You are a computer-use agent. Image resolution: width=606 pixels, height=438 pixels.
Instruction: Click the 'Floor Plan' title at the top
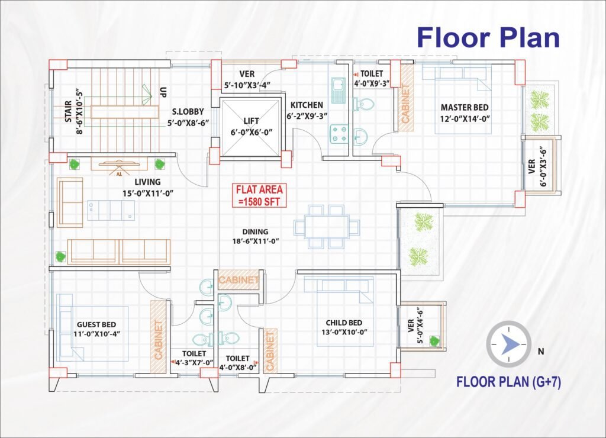click(488, 37)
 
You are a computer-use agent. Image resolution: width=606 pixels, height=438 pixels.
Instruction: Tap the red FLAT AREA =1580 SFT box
click(259, 195)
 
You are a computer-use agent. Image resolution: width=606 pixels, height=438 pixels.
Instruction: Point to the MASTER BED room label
click(465, 108)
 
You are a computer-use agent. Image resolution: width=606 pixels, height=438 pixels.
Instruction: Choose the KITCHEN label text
click(307, 105)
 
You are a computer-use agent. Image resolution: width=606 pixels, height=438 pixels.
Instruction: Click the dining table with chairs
click(327, 227)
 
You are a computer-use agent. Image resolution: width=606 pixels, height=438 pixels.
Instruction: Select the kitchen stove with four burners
click(339, 134)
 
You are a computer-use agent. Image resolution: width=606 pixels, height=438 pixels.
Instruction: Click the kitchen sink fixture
click(338, 91)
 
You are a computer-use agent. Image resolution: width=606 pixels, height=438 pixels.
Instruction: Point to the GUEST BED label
click(96, 325)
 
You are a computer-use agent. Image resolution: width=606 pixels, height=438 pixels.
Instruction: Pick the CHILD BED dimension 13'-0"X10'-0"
click(344, 332)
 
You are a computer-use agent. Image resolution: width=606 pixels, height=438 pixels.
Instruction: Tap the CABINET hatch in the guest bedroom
click(158, 335)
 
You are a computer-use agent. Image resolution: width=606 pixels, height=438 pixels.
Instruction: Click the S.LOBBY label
click(188, 112)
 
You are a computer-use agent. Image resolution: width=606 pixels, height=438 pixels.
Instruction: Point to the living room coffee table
click(111, 210)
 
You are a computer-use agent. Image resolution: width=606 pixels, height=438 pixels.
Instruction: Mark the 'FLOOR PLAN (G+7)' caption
click(508, 382)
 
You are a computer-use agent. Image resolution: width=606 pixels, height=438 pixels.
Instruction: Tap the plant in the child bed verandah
click(434, 340)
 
